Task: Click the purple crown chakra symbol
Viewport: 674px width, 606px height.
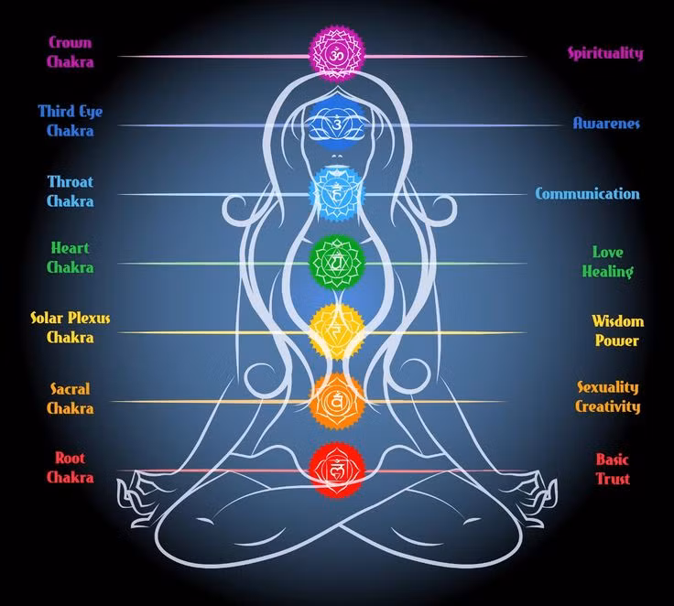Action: click(x=337, y=54)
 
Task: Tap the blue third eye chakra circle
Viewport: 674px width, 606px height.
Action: click(x=337, y=123)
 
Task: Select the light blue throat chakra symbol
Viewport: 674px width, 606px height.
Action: click(x=337, y=194)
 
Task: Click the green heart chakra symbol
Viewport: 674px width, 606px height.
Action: click(x=337, y=262)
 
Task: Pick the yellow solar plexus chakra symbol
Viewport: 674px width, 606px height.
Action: click(x=337, y=331)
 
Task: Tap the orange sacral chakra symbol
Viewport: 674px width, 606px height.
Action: click(x=337, y=401)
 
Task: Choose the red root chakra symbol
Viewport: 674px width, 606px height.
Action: click(x=337, y=471)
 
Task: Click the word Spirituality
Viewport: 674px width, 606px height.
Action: click(x=605, y=53)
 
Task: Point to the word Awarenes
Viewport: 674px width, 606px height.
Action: click(x=606, y=124)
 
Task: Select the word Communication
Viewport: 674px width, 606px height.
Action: click(x=588, y=193)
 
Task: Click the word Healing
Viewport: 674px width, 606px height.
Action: click(x=607, y=272)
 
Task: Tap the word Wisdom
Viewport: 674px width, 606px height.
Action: click(x=618, y=321)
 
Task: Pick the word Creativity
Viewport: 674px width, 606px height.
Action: click(x=608, y=406)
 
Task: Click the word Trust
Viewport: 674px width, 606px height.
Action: click(x=613, y=479)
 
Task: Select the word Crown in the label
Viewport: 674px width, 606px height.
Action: click(x=71, y=42)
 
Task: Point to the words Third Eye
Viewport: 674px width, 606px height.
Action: click(x=71, y=112)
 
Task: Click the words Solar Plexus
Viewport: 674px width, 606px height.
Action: click(x=71, y=319)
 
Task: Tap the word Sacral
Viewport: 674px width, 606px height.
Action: click(x=71, y=388)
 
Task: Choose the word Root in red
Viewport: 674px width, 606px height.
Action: click(x=71, y=458)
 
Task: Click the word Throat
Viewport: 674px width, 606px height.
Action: click(x=71, y=182)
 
